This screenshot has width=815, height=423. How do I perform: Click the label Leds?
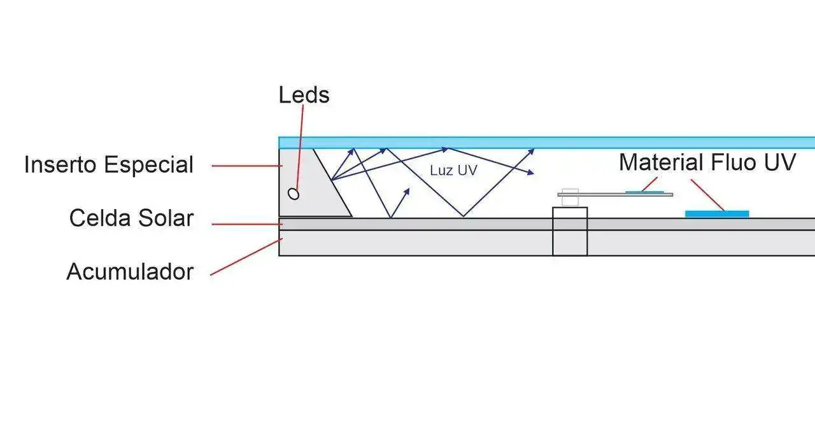304,95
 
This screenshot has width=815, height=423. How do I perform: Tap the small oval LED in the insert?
294,194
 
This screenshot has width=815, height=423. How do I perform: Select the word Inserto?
60,165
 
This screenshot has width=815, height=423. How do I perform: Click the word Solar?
162,219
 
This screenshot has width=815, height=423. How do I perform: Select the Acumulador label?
130,272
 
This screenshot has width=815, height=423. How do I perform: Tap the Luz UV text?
453,171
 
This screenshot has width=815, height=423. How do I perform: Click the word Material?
659,162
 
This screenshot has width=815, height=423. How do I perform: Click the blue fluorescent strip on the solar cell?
717,214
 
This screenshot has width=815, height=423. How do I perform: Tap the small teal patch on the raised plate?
644,191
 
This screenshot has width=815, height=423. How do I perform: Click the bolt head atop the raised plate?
570,190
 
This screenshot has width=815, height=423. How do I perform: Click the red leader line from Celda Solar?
245,224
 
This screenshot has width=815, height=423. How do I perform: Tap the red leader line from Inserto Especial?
245,166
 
